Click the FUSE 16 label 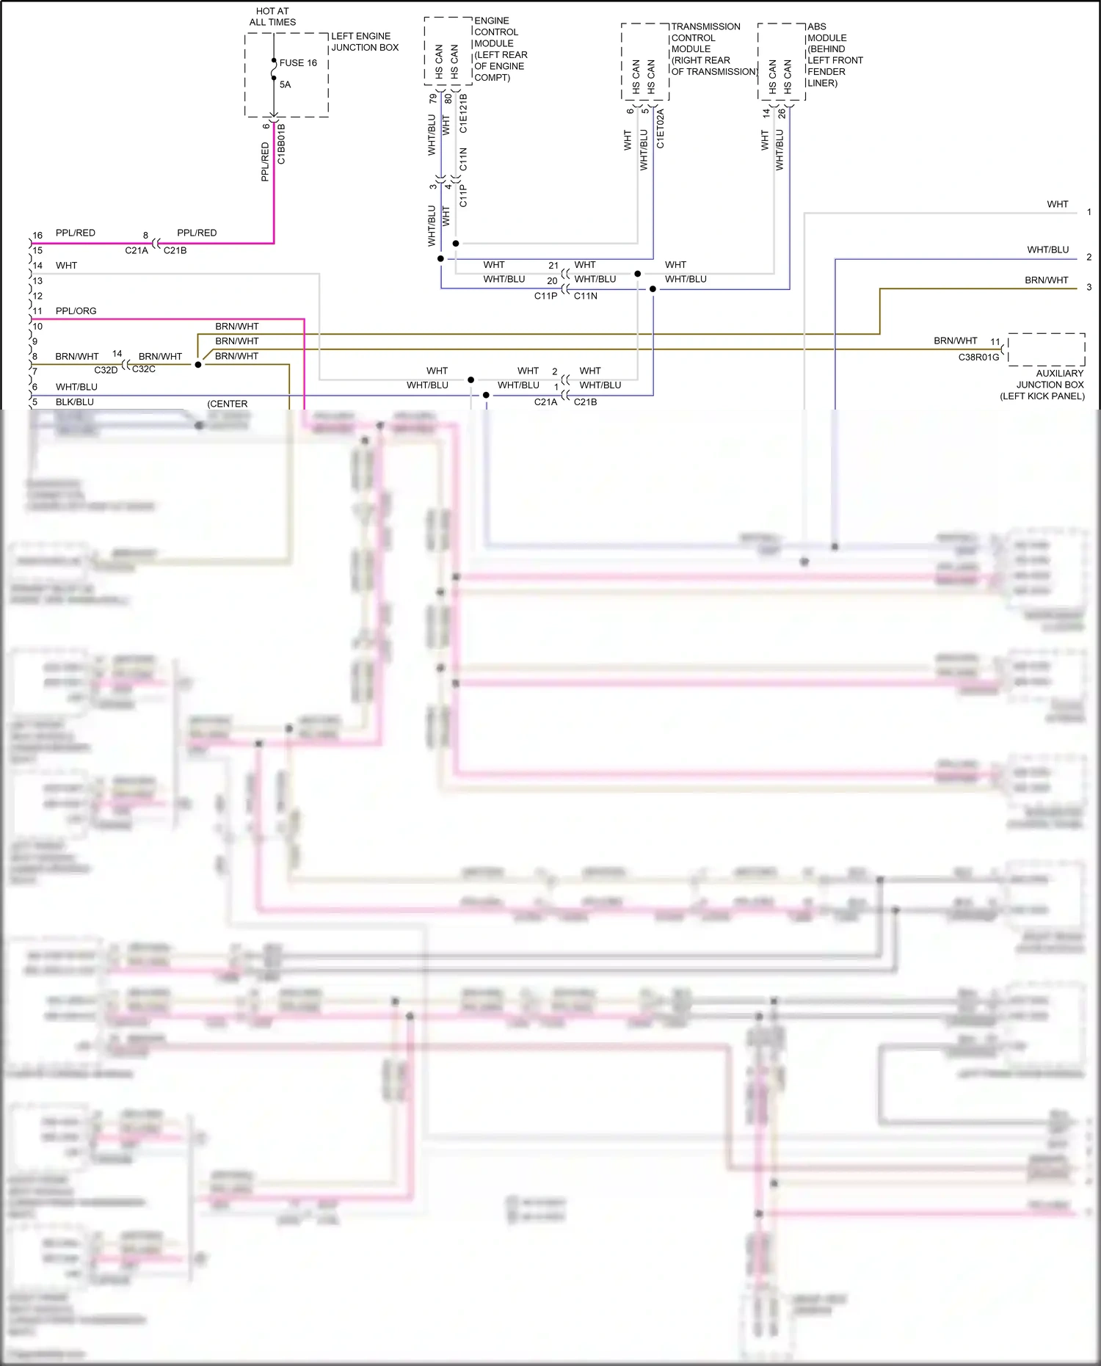click(x=298, y=63)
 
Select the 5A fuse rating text click(x=285, y=84)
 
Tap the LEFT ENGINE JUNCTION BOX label click(x=365, y=42)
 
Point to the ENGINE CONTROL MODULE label click(x=500, y=49)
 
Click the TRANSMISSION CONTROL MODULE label click(x=712, y=49)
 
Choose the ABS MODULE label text click(x=835, y=54)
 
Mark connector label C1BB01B click(x=282, y=143)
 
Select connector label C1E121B click(x=463, y=113)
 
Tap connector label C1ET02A click(x=660, y=129)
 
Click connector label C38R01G click(x=978, y=357)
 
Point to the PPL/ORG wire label click(x=76, y=311)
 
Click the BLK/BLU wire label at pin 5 click(x=74, y=402)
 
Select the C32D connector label click(x=106, y=370)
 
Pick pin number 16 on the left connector click(x=37, y=236)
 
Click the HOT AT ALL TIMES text click(x=272, y=17)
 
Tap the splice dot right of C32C click(x=198, y=364)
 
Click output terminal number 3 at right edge click(x=1089, y=288)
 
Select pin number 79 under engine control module click(x=432, y=98)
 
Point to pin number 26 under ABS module click(x=782, y=114)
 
